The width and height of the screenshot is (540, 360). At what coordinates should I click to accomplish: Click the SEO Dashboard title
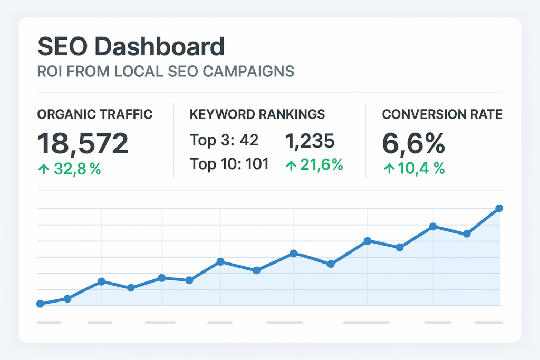tap(131, 47)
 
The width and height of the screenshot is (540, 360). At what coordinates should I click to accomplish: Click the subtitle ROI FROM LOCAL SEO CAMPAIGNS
tap(165, 71)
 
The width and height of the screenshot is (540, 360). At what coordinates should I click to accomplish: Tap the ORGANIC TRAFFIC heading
tap(95, 114)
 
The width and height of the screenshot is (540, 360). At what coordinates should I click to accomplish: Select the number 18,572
tap(83, 143)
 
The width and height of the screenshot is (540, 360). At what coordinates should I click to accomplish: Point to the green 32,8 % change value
tap(75, 170)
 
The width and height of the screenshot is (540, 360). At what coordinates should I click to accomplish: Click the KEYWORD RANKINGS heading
tap(257, 114)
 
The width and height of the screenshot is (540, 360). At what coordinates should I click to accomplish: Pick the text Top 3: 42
tap(224, 141)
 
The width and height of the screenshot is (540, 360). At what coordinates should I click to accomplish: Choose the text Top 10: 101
tap(229, 164)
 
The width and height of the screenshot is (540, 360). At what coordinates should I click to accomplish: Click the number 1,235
tap(310, 141)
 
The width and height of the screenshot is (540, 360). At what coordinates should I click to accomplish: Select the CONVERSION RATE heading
tap(442, 114)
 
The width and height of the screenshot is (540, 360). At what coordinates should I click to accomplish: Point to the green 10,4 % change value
tap(420, 168)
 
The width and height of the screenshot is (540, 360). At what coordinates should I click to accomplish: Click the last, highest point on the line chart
tap(499, 209)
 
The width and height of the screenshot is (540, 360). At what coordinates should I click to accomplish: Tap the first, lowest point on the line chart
tap(40, 304)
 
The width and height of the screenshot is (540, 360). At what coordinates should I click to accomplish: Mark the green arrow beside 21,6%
tap(290, 165)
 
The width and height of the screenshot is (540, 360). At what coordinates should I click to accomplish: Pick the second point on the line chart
tap(67, 298)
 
